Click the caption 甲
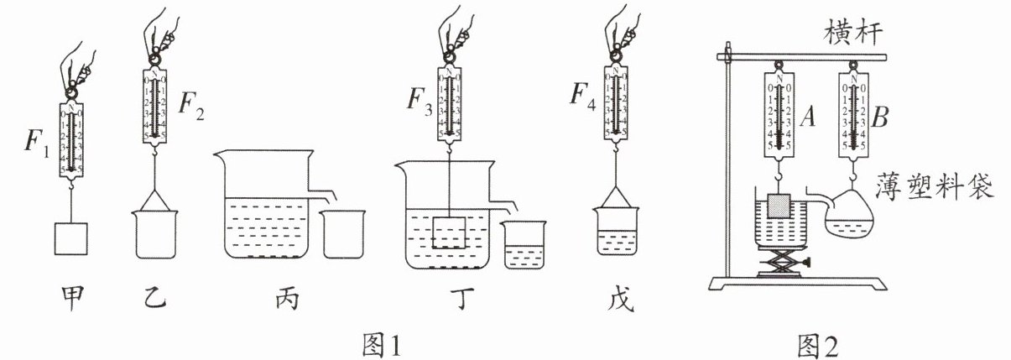[x=73, y=297]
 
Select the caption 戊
[x=617, y=297]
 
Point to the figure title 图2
[x=818, y=343]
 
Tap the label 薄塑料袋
[x=932, y=185]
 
